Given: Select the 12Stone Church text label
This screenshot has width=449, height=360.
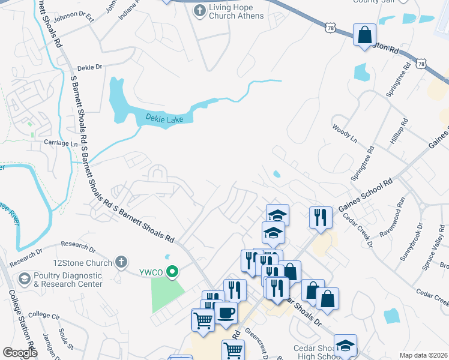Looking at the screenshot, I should click(x=83, y=263).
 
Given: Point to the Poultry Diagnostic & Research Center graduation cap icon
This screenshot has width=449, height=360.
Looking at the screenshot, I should click(x=24, y=278).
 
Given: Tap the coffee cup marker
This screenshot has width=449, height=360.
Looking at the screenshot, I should click(x=226, y=313).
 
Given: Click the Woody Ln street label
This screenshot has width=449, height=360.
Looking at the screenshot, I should click(x=345, y=134).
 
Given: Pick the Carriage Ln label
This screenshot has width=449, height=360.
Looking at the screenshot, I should click(x=61, y=144).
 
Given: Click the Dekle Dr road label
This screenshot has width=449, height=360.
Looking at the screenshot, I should click(x=90, y=68).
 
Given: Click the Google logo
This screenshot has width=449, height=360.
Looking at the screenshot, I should click(x=20, y=353).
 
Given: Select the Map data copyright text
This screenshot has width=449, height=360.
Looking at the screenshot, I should click(x=423, y=355).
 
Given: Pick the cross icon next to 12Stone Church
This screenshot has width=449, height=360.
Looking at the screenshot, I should click(x=121, y=262).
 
